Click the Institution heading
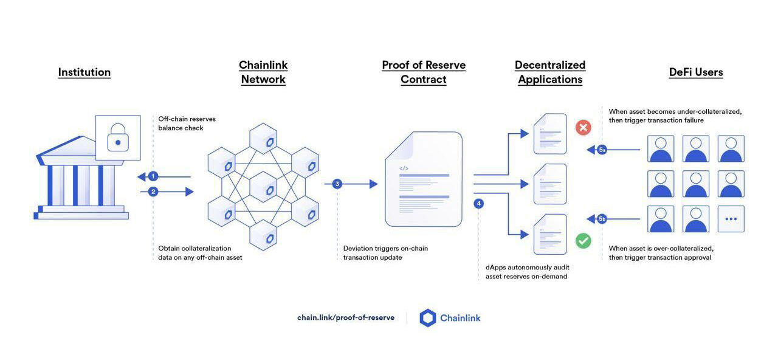[x=84, y=72]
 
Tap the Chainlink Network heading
[x=263, y=72]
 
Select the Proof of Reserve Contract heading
[x=424, y=72]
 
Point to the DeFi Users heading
[x=696, y=72]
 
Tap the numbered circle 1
[x=153, y=176]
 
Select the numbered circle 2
[x=153, y=192]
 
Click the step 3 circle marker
[x=337, y=184]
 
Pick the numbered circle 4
[x=479, y=204]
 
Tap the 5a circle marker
[x=602, y=150]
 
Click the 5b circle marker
[x=602, y=218]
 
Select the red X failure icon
[x=583, y=128]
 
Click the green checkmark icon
[x=583, y=241]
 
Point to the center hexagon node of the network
[x=263, y=187]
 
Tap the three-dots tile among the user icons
[x=731, y=219]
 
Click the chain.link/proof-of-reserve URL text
[x=345, y=317]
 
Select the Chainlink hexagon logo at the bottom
[x=428, y=318]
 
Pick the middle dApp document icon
[x=550, y=184]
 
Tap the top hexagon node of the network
[x=263, y=139]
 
